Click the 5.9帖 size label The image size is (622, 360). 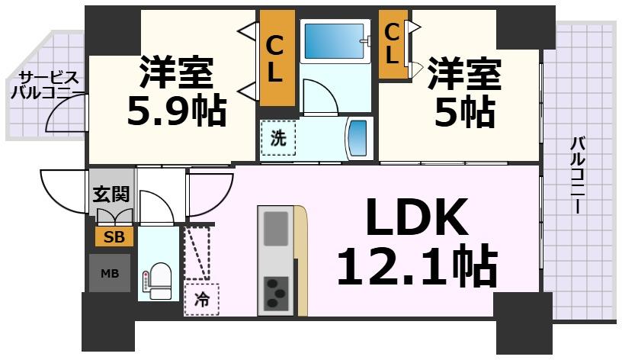(x=176, y=111)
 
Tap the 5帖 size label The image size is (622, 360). (x=464, y=113)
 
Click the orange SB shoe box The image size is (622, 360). (x=114, y=236)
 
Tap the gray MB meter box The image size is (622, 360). (x=110, y=272)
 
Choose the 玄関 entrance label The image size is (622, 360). (x=111, y=194)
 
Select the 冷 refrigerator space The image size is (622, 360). (x=200, y=300)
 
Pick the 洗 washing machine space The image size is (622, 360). (x=278, y=139)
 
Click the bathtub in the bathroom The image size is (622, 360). (x=333, y=41)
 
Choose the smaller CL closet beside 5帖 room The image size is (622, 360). (x=392, y=44)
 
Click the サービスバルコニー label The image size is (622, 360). (x=46, y=85)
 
